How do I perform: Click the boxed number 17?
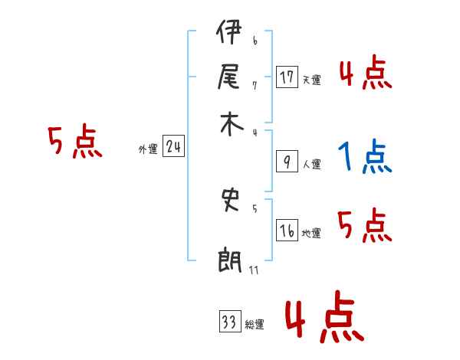click(287, 77)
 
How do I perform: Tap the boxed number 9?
click(286, 162)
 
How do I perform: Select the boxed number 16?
click(287, 231)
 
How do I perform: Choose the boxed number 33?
click(229, 322)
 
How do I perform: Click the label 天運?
click(311, 80)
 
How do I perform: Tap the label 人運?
click(311, 164)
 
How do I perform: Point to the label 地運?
click(311, 233)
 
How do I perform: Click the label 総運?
click(254, 325)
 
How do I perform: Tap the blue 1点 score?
click(365, 157)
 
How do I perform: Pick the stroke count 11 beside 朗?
click(255, 270)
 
